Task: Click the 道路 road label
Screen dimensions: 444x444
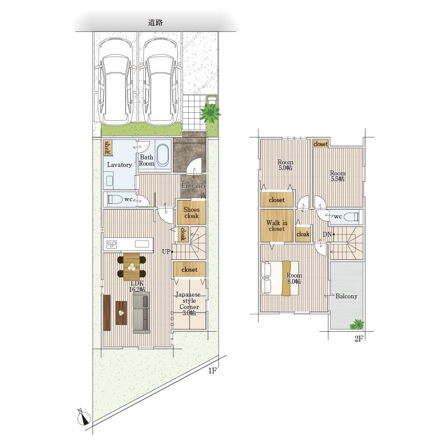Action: [x=155, y=22]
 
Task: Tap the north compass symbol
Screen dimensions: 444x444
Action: [x=83, y=417]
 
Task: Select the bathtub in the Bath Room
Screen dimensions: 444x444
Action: [x=163, y=155]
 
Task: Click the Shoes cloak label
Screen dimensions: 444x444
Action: [x=191, y=213]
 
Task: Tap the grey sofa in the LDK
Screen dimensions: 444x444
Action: [x=142, y=312]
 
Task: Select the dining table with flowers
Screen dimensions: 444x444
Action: [x=131, y=267]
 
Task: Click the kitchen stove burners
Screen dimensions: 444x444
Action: [x=111, y=244]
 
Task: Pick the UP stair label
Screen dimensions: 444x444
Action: [x=166, y=251]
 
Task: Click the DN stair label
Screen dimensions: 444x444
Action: [x=327, y=234]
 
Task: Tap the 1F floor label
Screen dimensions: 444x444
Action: [x=212, y=371]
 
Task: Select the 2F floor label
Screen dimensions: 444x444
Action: [x=358, y=339]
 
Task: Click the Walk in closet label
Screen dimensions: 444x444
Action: [x=277, y=226]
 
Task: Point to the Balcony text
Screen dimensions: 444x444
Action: [x=346, y=296]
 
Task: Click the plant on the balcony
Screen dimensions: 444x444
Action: [x=357, y=325]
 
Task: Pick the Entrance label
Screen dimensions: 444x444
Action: [x=194, y=186]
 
